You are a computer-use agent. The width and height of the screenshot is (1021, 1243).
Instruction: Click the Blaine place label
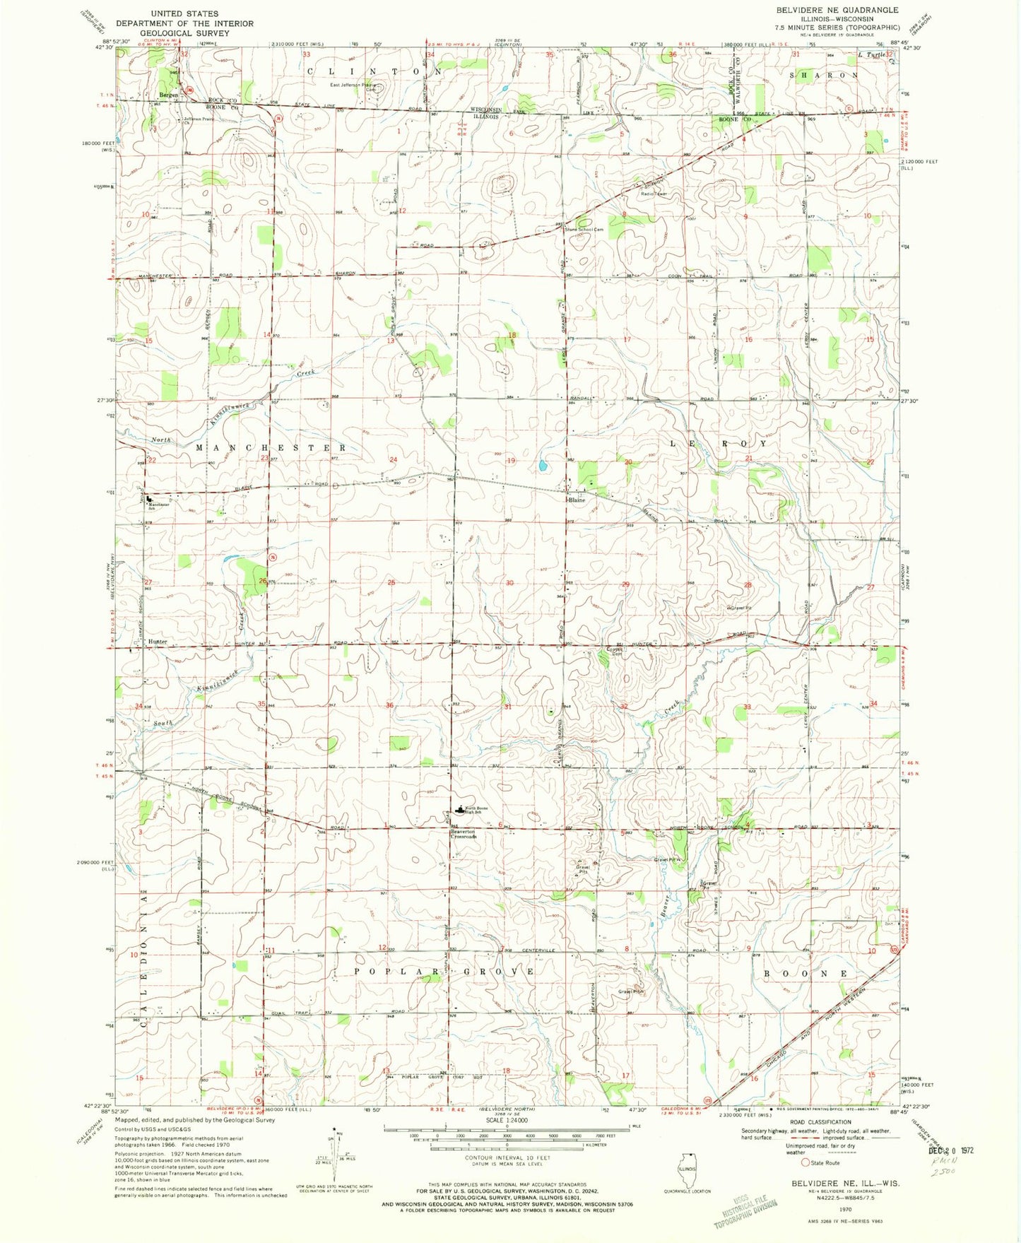[577, 500]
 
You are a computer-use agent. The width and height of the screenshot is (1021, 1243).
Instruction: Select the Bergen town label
[168, 95]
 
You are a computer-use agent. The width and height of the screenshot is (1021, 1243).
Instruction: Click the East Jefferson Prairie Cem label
[353, 86]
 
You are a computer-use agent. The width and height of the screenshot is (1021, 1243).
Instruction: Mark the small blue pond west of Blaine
[541, 466]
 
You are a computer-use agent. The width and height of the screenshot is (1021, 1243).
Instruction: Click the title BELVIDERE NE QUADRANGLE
[837, 10]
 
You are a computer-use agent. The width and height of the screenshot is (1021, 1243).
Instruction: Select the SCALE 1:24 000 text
[507, 1119]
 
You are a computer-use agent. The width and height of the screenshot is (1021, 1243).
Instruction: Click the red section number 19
[511, 461]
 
